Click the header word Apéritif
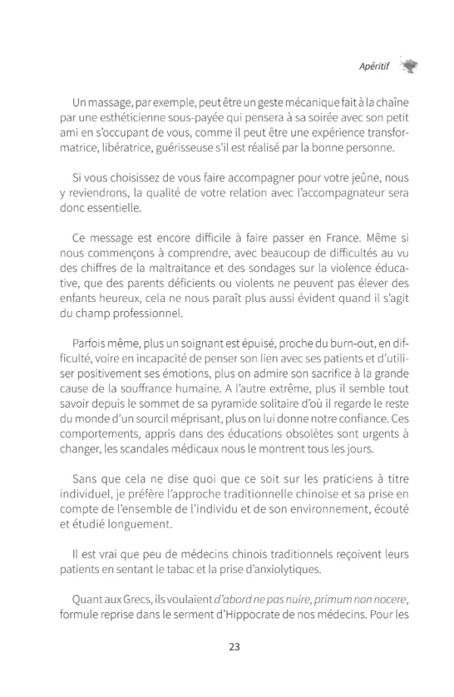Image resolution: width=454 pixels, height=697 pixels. pos(374,66)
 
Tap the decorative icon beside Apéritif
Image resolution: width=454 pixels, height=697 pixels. pos(408,66)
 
